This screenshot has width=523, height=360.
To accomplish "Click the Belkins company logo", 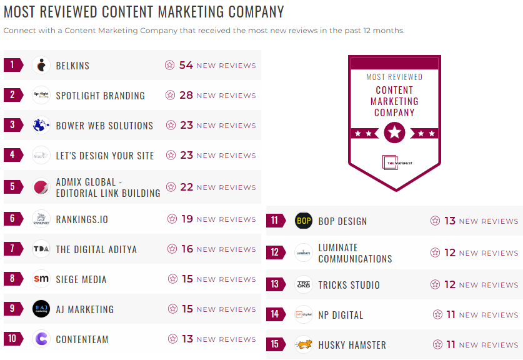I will pyautogui.click(x=41, y=65).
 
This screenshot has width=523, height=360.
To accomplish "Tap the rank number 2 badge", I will pyautogui.click(x=12, y=95).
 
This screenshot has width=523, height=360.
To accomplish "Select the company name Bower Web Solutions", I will pyautogui.click(x=104, y=126).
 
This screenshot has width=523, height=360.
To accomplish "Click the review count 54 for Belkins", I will pyautogui.click(x=186, y=65).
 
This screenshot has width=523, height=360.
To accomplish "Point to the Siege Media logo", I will pyautogui.click(x=41, y=279).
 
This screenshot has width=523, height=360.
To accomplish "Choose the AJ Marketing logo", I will pyautogui.click(x=41, y=309).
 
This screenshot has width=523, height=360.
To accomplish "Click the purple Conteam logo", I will pyautogui.click(x=41, y=339).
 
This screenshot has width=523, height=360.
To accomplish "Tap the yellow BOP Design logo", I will pyautogui.click(x=304, y=221).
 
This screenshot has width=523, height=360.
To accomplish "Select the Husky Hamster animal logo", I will pyautogui.click(x=304, y=344).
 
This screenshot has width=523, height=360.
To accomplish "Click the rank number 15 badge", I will pyautogui.click(x=275, y=344).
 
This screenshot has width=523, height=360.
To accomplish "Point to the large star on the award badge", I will pyautogui.click(x=394, y=132).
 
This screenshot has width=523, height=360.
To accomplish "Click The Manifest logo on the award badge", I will pyautogui.click(x=394, y=162).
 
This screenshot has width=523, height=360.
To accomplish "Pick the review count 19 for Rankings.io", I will pyautogui.click(x=187, y=219).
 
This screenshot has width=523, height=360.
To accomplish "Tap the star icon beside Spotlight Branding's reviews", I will pyautogui.click(x=170, y=96).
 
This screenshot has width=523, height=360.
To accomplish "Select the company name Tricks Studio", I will pyautogui.click(x=349, y=285).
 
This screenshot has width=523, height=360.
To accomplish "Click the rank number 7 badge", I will pyautogui.click(x=12, y=249).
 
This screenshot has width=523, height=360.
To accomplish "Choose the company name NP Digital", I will pyautogui.click(x=341, y=315).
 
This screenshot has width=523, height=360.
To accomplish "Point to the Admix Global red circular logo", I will pyautogui.click(x=41, y=187).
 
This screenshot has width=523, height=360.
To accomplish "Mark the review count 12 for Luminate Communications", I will pyautogui.click(x=450, y=252).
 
